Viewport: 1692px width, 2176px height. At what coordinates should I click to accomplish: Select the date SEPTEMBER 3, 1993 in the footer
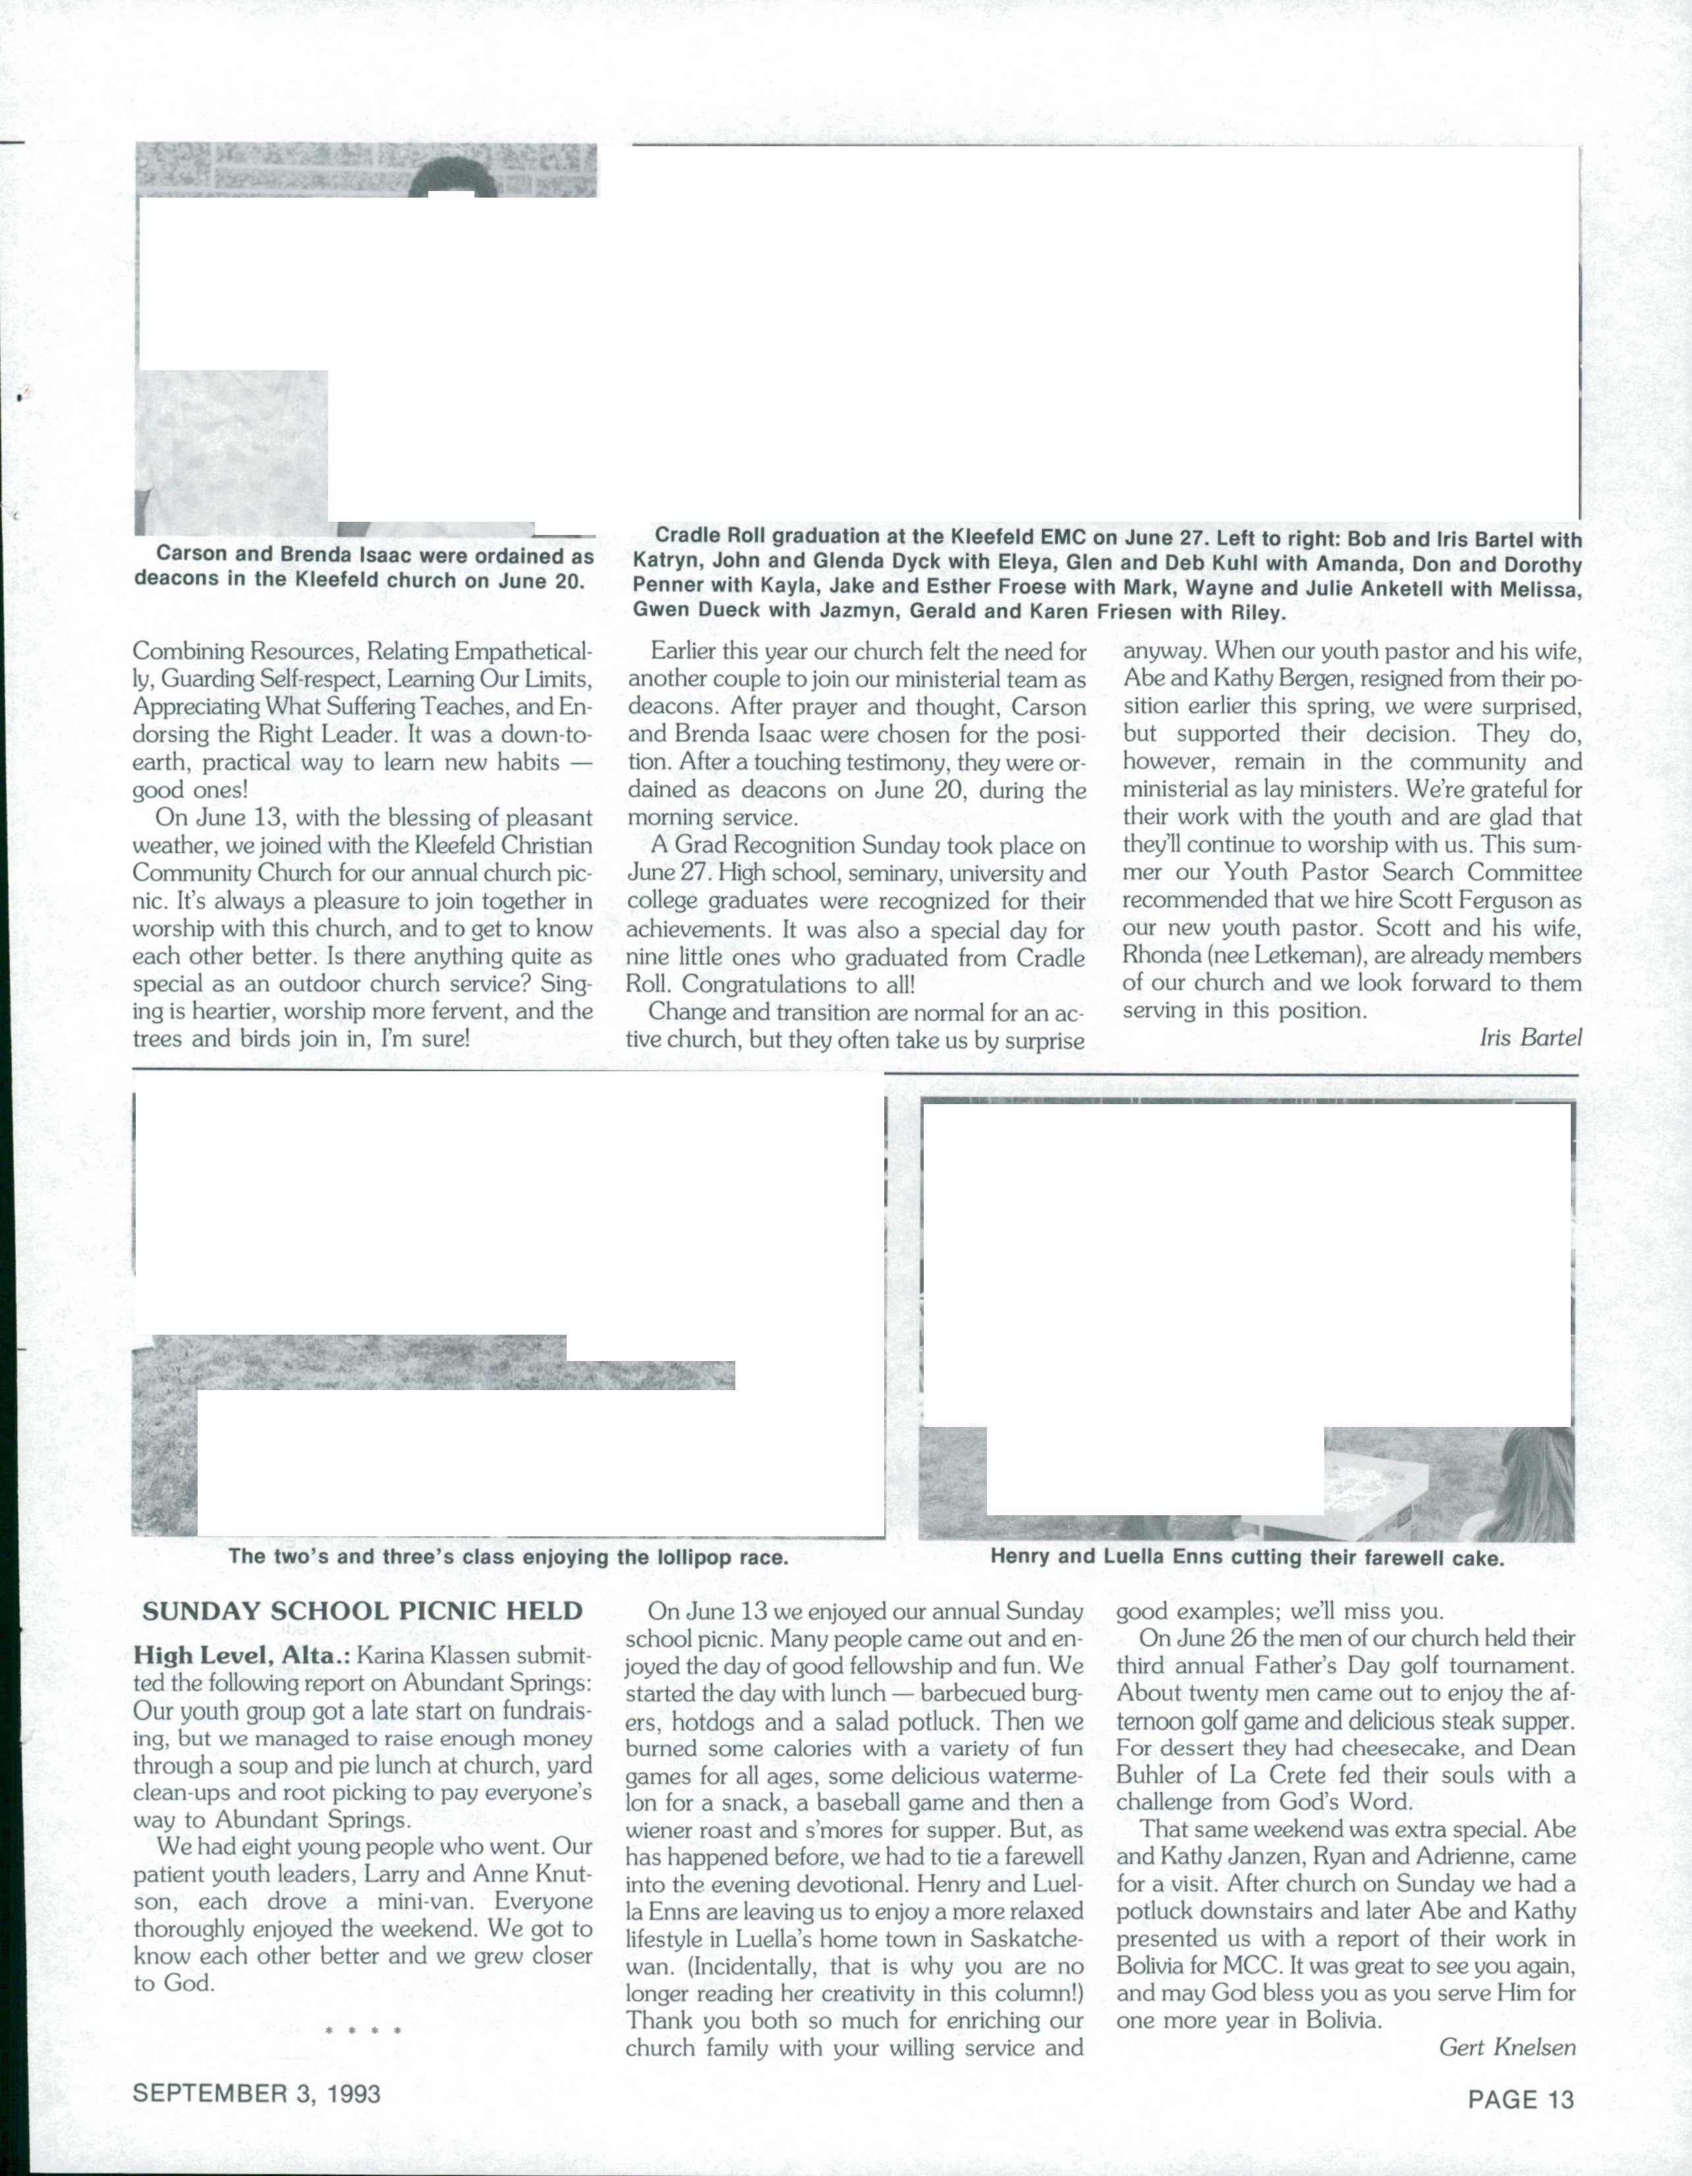(x=257, y=2093)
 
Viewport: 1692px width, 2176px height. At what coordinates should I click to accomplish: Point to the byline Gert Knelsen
(x=1508, y=2048)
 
